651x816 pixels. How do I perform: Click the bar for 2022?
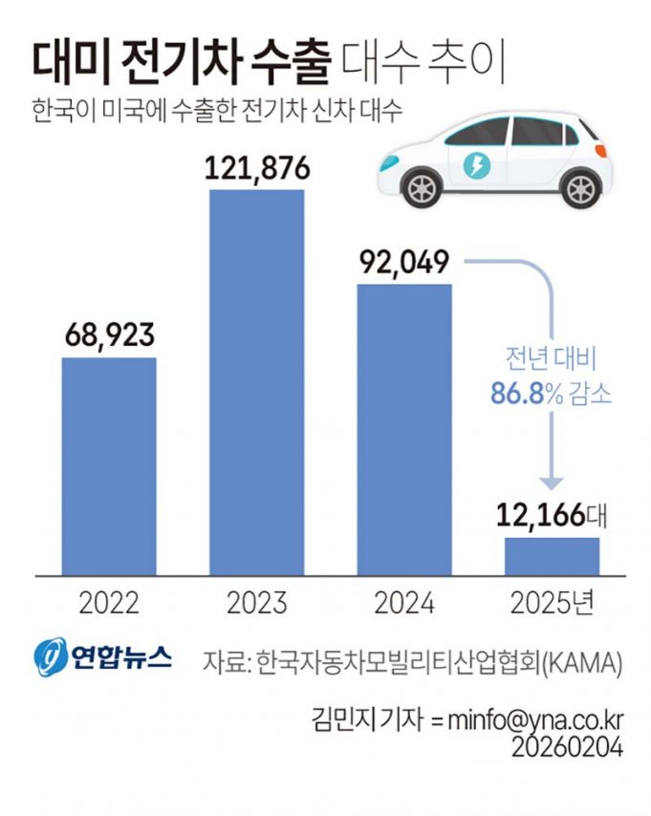pos(109,466)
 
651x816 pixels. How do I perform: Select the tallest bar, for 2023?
pos(256,382)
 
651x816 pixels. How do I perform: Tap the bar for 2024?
pos(403,429)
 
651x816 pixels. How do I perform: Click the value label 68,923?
pos(109,335)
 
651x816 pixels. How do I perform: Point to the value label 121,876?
pos(256,167)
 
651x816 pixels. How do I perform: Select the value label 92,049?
pos(403,261)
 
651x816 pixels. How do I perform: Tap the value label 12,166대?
pos(552,517)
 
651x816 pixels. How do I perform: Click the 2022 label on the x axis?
pos(109,603)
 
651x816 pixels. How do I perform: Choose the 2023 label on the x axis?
pos(256,603)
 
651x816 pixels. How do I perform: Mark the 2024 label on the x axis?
pos(403,603)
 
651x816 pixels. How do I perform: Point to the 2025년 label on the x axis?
pos(552,603)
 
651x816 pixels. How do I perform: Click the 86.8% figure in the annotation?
pos(524,393)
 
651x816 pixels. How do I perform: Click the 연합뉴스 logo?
pos(102,657)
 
